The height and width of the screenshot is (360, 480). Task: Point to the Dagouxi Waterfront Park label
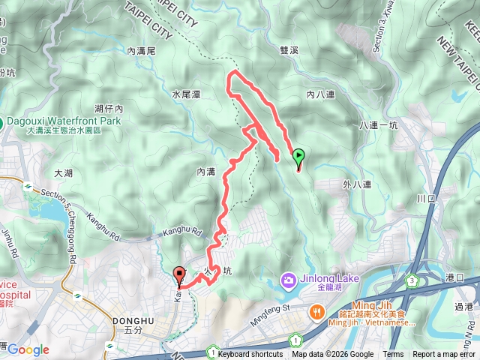(63, 121)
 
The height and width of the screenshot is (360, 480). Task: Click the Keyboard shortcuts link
(251, 355)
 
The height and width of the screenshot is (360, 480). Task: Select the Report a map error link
(444, 355)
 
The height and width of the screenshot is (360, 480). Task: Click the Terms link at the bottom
(393, 355)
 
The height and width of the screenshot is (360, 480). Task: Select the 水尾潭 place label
(185, 95)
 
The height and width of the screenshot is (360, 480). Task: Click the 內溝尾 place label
(141, 51)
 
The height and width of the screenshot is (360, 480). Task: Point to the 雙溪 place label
(289, 50)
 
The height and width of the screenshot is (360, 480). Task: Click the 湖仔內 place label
(109, 109)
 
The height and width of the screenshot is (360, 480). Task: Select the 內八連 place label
(320, 95)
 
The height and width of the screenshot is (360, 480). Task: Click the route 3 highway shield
(412, 280)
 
